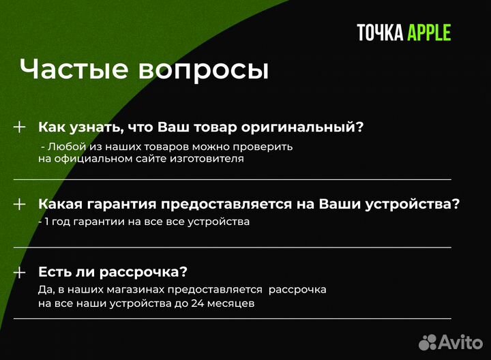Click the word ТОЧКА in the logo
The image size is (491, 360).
coord(380,33)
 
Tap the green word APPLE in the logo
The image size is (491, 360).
coord(430,33)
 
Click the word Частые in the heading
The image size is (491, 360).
coord(74,70)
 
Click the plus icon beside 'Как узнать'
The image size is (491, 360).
coord(20,127)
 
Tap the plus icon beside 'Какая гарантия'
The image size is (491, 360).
coord(20,204)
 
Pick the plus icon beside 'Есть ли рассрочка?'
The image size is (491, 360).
coord(20,272)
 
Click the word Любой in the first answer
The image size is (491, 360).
coord(64,146)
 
